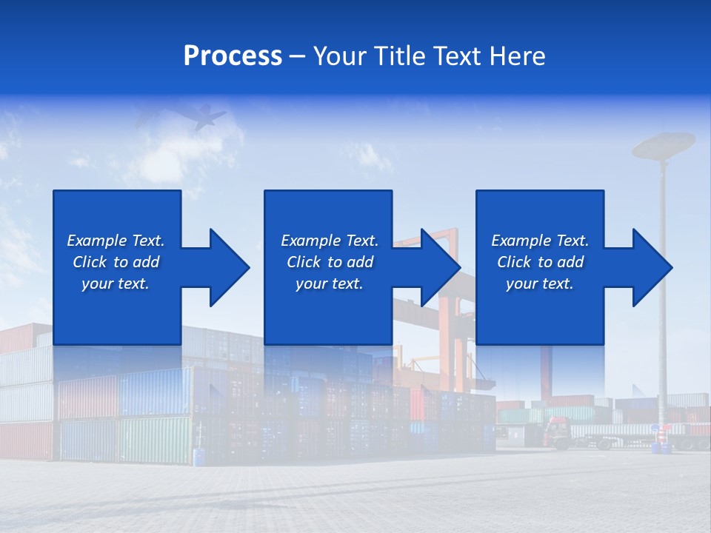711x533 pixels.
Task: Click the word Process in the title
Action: pos(233,56)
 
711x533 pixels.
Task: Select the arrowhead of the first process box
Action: pos(227,267)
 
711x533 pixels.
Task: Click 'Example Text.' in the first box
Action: pos(116,241)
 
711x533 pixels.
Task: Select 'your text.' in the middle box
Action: pos(329,284)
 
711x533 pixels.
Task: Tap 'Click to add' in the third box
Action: pos(540,262)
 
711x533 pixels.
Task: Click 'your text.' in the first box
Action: pos(116,284)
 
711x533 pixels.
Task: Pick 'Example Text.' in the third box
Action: pos(540,241)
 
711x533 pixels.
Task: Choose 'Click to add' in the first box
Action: pos(116,262)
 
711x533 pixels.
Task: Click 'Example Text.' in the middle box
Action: pos(330,241)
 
